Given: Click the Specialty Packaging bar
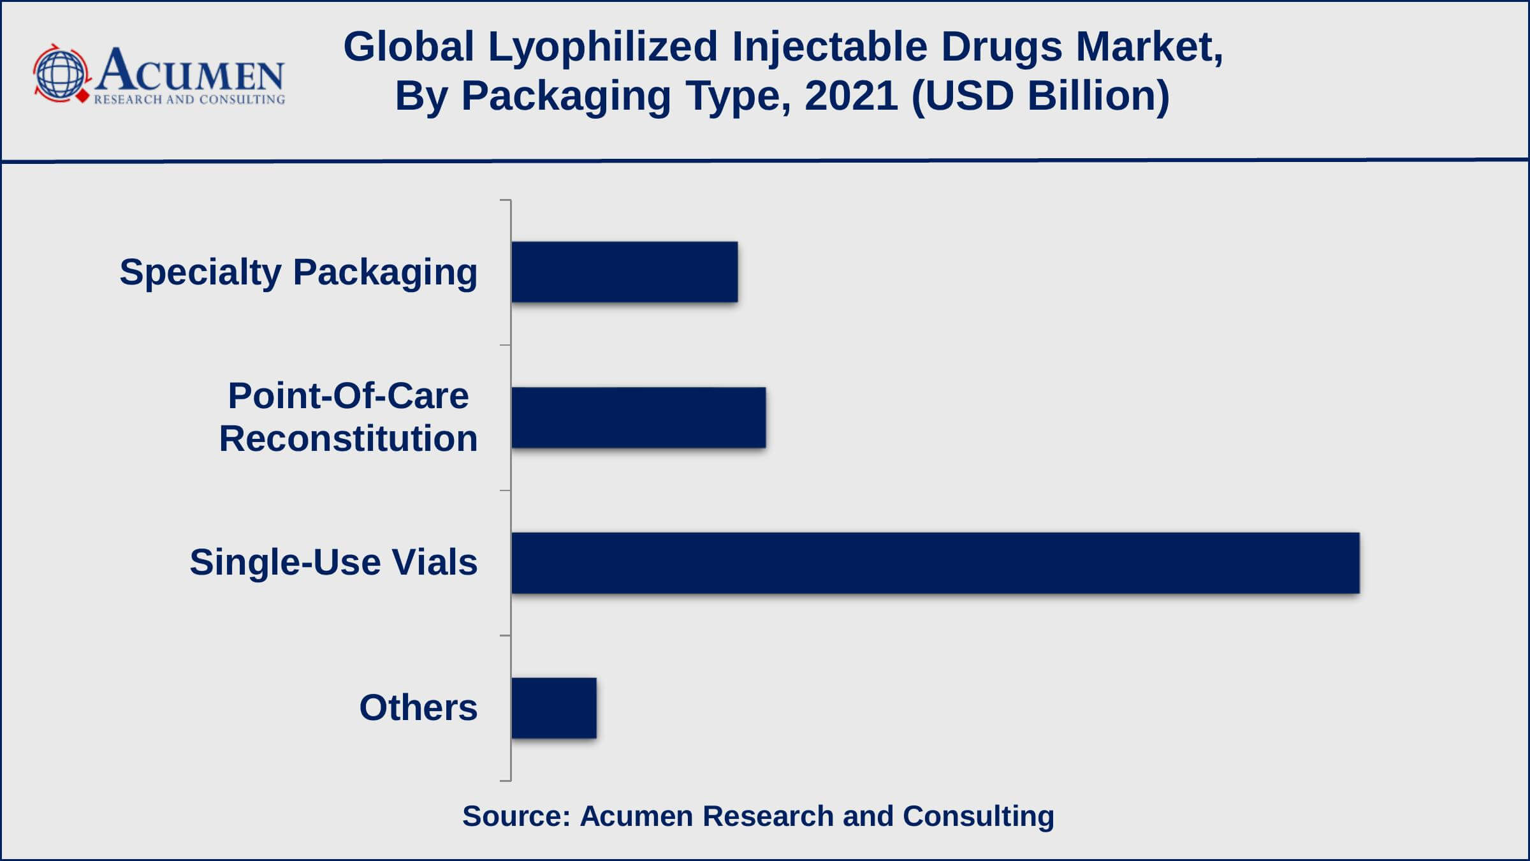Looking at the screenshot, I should click(624, 272).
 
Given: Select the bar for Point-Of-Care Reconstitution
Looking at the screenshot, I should click(638, 417).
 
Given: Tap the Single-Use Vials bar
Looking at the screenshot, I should click(935, 563).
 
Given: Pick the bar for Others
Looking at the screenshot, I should click(553, 708).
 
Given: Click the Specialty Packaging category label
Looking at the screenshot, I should click(298, 272).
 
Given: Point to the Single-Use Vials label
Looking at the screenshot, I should click(333, 563).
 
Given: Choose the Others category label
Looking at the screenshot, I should click(418, 708).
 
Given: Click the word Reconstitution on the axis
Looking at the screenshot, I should click(348, 439).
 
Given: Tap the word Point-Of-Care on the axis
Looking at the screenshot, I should click(348, 396).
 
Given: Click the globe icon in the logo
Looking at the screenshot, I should click(61, 74).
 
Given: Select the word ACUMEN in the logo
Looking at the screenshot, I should click(190, 70).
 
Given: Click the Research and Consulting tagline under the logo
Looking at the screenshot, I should click(189, 99).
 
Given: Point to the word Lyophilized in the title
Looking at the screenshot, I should click(602, 47).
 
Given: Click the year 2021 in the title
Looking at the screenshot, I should click(851, 96).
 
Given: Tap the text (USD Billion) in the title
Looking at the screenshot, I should click(1040, 96).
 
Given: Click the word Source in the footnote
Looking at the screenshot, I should click(515, 816).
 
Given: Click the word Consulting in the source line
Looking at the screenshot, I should click(979, 816).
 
